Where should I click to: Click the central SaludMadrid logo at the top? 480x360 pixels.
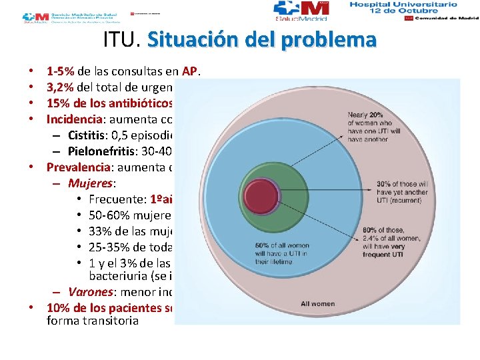coord(301,11)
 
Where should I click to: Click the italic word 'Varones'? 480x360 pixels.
coord(92,291)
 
